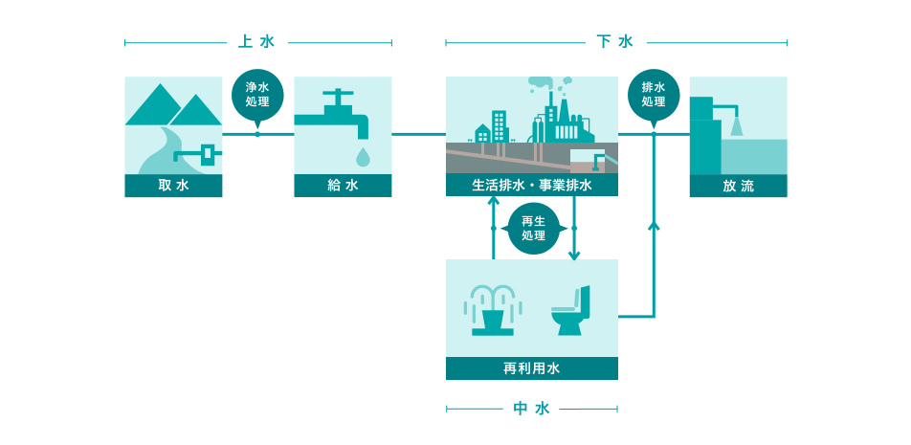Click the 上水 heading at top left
[x=256, y=42]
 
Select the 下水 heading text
[x=615, y=42]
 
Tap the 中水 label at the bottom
[x=531, y=409]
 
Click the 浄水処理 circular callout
[x=256, y=95]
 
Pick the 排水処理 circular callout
[x=654, y=95]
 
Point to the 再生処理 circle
[x=533, y=229]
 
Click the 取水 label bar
[x=173, y=186]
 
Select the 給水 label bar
[x=343, y=186]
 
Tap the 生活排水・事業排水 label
[x=531, y=186]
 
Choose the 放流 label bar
[x=738, y=186]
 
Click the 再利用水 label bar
[x=531, y=368]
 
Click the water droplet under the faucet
[x=362, y=155]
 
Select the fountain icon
[x=492, y=310]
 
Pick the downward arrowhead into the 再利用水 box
[x=574, y=255]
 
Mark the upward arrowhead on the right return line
[x=654, y=226]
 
